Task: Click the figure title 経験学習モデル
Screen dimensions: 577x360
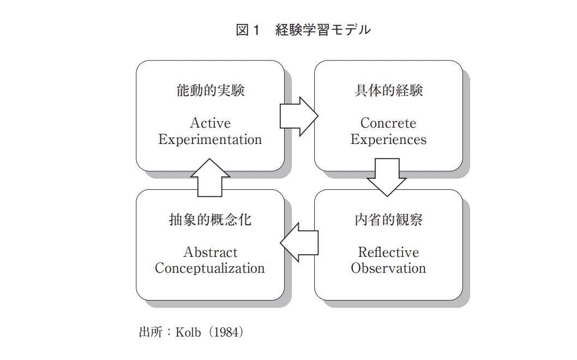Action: click(x=323, y=30)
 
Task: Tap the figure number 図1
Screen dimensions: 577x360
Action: click(x=248, y=30)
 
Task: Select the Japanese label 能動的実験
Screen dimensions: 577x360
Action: click(x=210, y=91)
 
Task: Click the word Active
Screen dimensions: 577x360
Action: click(x=210, y=123)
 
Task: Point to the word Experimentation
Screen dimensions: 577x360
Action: click(x=210, y=140)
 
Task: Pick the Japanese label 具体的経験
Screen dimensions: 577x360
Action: click(x=389, y=91)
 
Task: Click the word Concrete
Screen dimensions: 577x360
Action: click(x=388, y=123)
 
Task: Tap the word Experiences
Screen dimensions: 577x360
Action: click(x=388, y=140)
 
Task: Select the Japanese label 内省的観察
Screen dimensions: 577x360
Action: click(x=389, y=220)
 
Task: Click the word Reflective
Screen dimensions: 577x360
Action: click(x=388, y=252)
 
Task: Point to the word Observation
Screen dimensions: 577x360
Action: click(x=388, y=268)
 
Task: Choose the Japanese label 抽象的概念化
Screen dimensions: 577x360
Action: click(x=210, y=220)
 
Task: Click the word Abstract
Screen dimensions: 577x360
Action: click(x=210, y=252)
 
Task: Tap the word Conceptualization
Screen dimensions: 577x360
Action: click(x=210, y=268)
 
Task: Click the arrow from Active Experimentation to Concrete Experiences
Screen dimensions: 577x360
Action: click(x=299, y=116)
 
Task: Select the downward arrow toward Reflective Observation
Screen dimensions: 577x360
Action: click(x=387, y=177)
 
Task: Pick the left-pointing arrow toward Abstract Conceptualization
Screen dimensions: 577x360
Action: click(x=299, y=243)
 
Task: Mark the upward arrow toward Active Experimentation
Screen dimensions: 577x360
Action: click(x=210, y=177)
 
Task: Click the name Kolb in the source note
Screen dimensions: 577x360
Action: click(x=188, y=332)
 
